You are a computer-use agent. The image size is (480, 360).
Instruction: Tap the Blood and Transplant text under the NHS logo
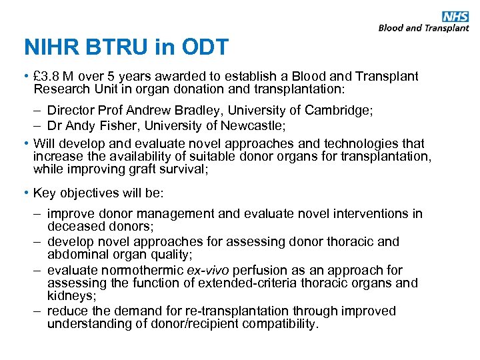click(x=423, y=28)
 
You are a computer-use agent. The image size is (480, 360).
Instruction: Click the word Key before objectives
click(x=45, y=193)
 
